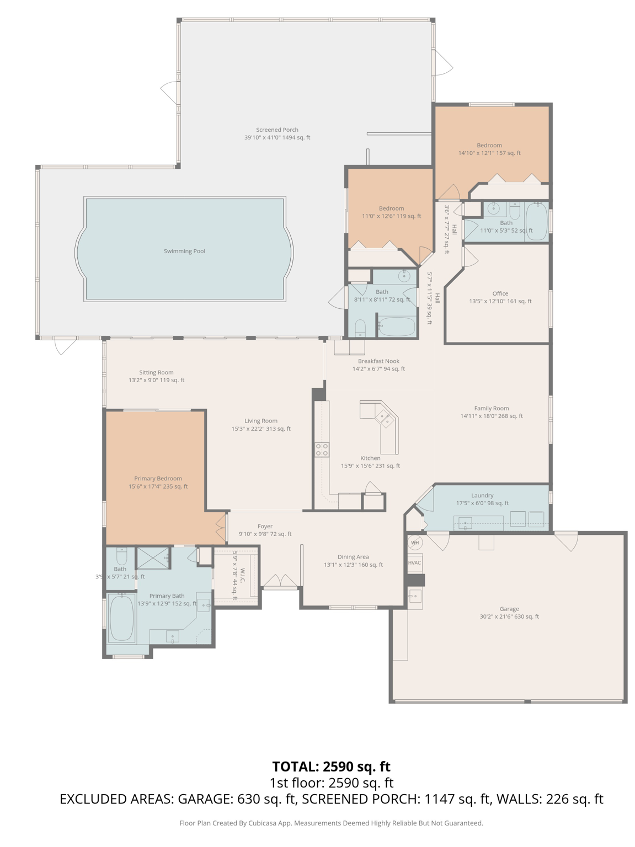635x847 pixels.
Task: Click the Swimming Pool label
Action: click(184, 251)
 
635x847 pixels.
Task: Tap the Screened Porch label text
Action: click(277, 130)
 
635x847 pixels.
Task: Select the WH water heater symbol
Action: click(415, 543)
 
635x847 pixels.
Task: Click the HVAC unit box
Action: click(414, 563)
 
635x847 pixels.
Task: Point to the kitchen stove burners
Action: click(322, 449)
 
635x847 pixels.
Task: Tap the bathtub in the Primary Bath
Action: click(121, 618)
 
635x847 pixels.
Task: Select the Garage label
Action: click(509, 609)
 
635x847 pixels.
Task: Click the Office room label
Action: click(500, 293)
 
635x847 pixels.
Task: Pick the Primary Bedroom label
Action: click(158, 479)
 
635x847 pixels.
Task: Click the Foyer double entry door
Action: click(280, 581)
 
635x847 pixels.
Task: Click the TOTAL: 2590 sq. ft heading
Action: click(331, 766)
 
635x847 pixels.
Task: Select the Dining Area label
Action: click(353, 557)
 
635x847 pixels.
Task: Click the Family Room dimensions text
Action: click(491, 416)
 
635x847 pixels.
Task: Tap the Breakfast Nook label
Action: click(378, 361)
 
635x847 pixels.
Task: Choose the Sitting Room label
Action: click(156, 372)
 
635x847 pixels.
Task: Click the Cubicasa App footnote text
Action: click(331, 823)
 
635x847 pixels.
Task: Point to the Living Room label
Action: click(261, 421)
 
